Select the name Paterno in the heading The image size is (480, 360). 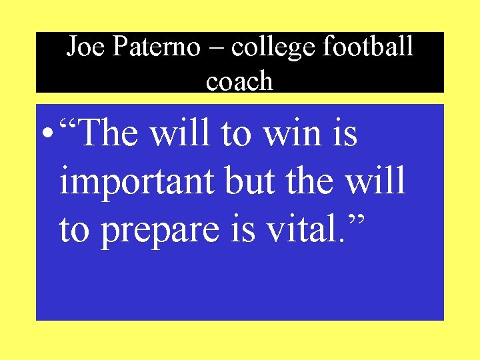pos(157,47)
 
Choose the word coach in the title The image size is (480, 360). pos(239,82)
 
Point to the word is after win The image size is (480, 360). pos(345,134)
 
